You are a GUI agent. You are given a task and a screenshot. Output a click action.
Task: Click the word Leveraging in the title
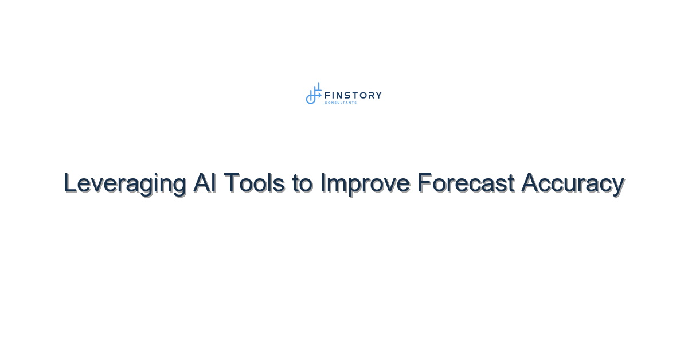click(x=125, y=183)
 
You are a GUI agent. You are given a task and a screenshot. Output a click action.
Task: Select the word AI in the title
click(x=205, y=183)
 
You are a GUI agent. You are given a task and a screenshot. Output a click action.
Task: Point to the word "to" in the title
click(x=303, y=184)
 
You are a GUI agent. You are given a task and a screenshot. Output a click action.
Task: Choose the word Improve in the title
click(x=365, y=184)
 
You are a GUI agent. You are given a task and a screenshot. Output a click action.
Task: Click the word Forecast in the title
click(x=466, y=183)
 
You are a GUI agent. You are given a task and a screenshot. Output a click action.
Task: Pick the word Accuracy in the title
click(x=573, y=184)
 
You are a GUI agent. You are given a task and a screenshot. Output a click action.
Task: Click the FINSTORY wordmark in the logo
click(x=353, y=95)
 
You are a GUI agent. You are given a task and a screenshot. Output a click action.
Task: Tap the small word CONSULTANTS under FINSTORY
click(x=341, y=103)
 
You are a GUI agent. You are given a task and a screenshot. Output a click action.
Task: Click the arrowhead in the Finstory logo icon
click(x=320, y=95)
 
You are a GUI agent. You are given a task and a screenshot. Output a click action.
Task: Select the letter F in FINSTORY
click(x=327, y=95)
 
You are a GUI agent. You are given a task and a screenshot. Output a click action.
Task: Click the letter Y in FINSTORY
click(x=378, y=95)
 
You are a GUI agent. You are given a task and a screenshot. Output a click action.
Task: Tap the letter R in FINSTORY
click(x=371, y=95)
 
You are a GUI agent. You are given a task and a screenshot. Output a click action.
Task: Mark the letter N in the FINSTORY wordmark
click(x=339, y=95)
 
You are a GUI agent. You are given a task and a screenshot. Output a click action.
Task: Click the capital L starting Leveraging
click(x=69, y=183)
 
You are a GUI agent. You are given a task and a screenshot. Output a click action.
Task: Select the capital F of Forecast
click(x=424, y=183)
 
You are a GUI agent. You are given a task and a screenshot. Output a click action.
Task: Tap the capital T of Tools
click(x=231, y=183)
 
